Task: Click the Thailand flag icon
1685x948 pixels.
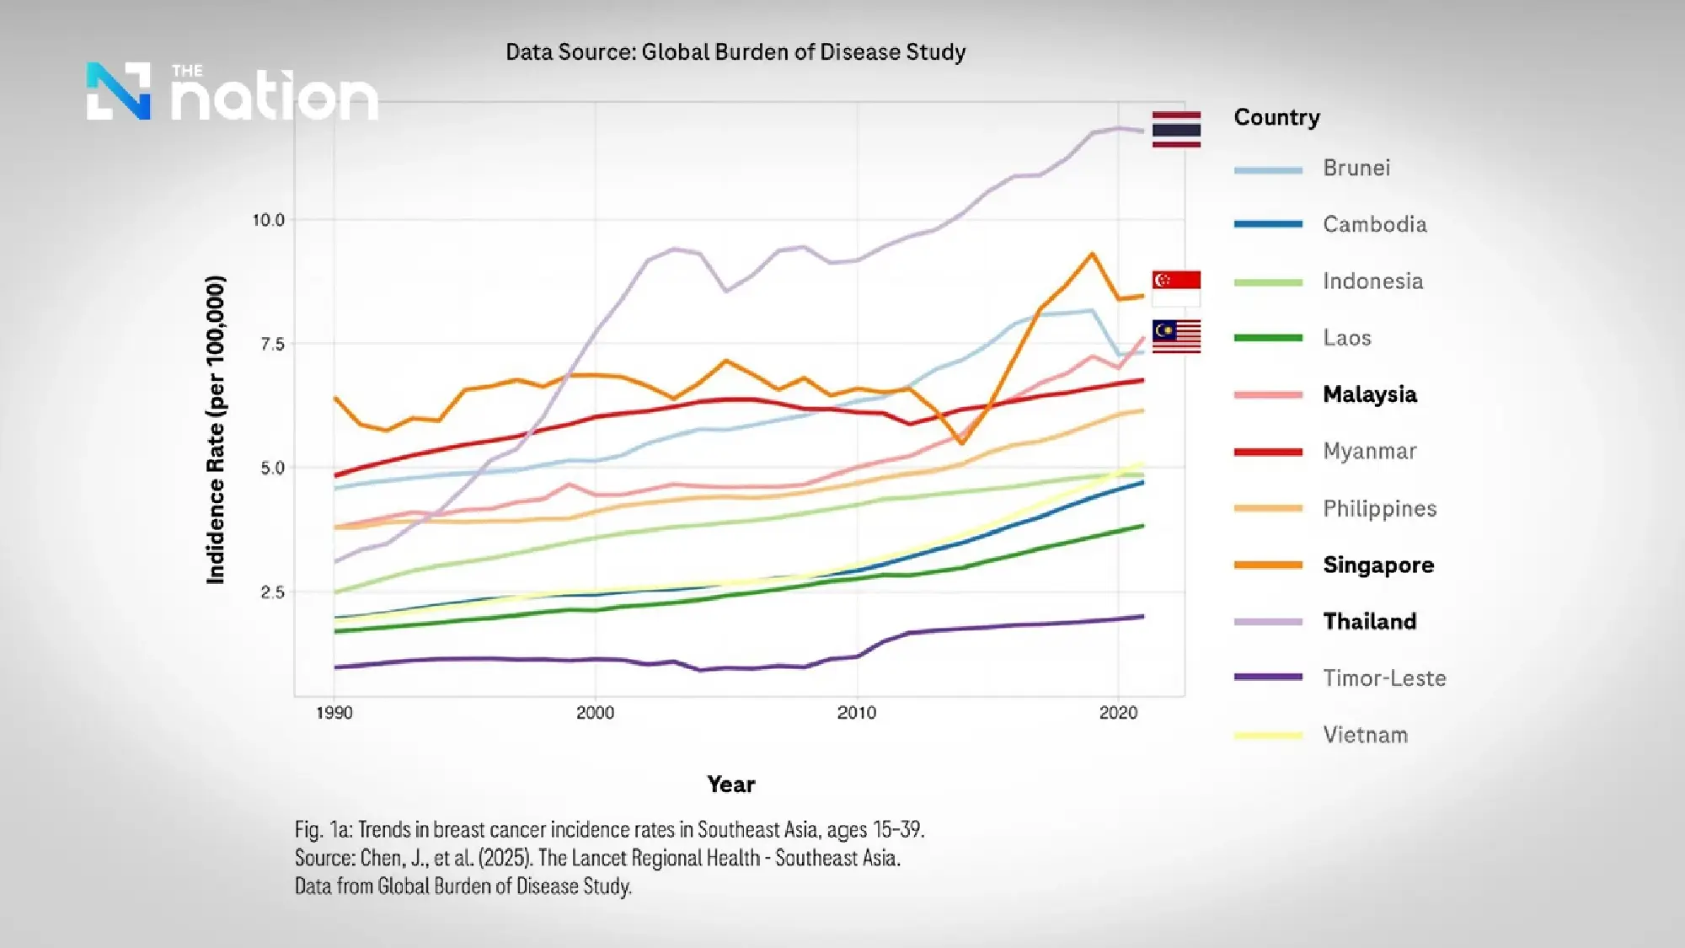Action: [x=1176, y=129]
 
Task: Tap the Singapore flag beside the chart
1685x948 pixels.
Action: [x=1176, y=287]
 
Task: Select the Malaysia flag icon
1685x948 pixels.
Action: [x=1176, y=336]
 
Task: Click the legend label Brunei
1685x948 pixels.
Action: [x=1356, y=168]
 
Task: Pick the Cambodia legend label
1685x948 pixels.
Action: [x=1374, y=224]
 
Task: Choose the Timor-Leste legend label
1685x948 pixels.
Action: [x=1384, y=678]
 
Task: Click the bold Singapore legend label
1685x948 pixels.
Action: [x=1378, y=565]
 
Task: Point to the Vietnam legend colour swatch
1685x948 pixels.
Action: [x=1268, y=735]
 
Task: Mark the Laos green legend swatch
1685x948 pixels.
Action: [x=1268, y=338]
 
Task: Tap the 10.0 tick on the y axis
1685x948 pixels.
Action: [x=269, y=220]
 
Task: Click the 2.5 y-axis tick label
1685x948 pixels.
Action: [x=272, y=592]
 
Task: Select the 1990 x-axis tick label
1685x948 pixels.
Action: [x=334, y=713]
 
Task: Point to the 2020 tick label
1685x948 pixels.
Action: [x=1118, y=713]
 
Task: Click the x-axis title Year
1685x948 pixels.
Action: [x=731, y=785]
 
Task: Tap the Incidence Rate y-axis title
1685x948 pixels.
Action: [x=216, y=430]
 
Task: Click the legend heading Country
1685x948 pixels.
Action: [x=1276, y=117]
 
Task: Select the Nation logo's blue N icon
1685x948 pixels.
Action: [x=119, y=91]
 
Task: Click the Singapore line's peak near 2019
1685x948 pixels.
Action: [x=1092, y=254]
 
